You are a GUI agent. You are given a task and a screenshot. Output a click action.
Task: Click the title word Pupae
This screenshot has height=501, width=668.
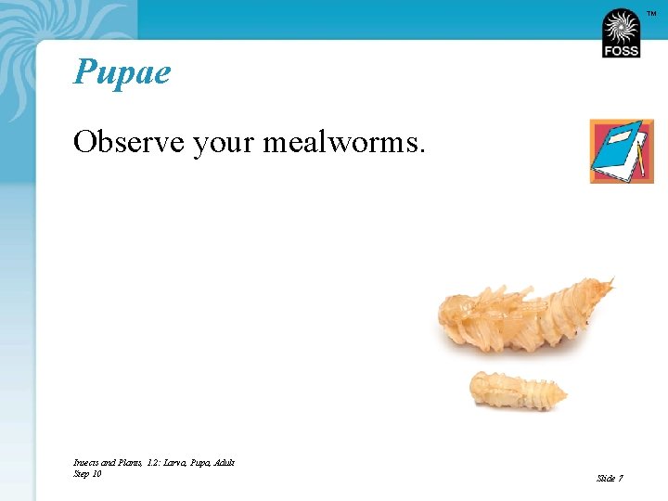(122, 72)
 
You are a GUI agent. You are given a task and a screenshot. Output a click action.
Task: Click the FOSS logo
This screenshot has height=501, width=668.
(621, 34)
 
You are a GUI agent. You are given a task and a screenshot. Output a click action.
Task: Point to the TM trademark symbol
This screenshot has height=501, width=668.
(650, 13)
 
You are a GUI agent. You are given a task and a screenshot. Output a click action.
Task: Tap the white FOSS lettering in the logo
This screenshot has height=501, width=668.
(621, 50)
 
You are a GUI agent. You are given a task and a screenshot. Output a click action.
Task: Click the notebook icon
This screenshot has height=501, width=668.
(621, 151)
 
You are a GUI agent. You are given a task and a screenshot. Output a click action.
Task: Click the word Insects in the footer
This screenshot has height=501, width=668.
(86, 462)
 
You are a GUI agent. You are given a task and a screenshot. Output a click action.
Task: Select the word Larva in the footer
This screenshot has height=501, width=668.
(173, 462)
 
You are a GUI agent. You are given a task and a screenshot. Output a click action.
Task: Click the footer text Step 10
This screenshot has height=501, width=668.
(87, 474)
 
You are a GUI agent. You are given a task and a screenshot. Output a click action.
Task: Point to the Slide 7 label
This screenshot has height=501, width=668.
(610, 478)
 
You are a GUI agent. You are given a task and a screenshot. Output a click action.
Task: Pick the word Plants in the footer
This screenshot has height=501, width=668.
(128, 462)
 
